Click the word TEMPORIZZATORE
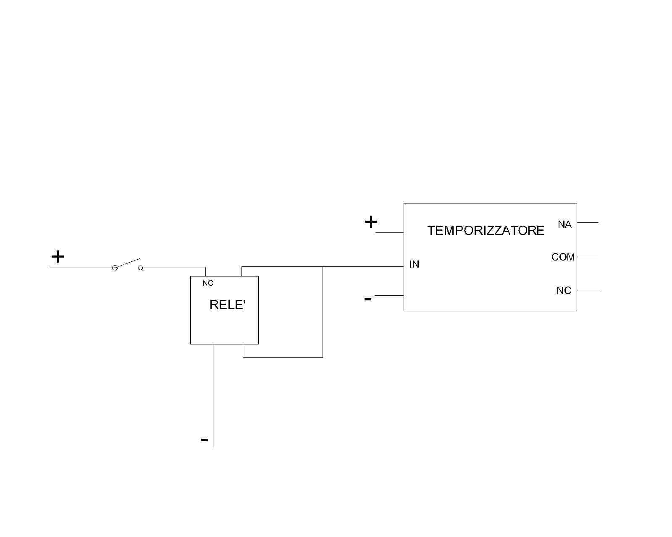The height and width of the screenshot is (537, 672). click(486, 231)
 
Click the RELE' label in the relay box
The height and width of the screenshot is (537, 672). click(227, 305)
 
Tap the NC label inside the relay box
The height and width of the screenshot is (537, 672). click(207, 283)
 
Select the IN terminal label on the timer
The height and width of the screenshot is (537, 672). click(414, 264)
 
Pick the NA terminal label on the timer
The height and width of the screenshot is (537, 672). click(564, 224)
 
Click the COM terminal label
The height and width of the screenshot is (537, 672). click(563, 257)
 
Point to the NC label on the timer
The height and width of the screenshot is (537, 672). click(564, 290)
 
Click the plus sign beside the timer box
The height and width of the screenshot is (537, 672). click(371, 222)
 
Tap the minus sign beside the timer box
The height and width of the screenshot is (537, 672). click(368, 300)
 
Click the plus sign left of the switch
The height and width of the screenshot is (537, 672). click(58, 257)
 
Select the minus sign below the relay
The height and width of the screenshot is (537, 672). click(205, 440)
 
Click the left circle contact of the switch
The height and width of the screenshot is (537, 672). click(115, 268)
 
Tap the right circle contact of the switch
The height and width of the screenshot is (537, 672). click(141, 268)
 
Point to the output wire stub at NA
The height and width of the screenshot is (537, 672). click(588, 222)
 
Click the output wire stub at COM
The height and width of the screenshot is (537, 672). click(588, 257)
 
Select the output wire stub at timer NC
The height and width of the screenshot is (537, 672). click(588, 290)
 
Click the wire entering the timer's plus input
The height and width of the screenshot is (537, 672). click(390, 232)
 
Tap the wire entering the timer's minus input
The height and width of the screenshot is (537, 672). click(389, 295)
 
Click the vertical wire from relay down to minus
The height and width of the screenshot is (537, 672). click(213, 396)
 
